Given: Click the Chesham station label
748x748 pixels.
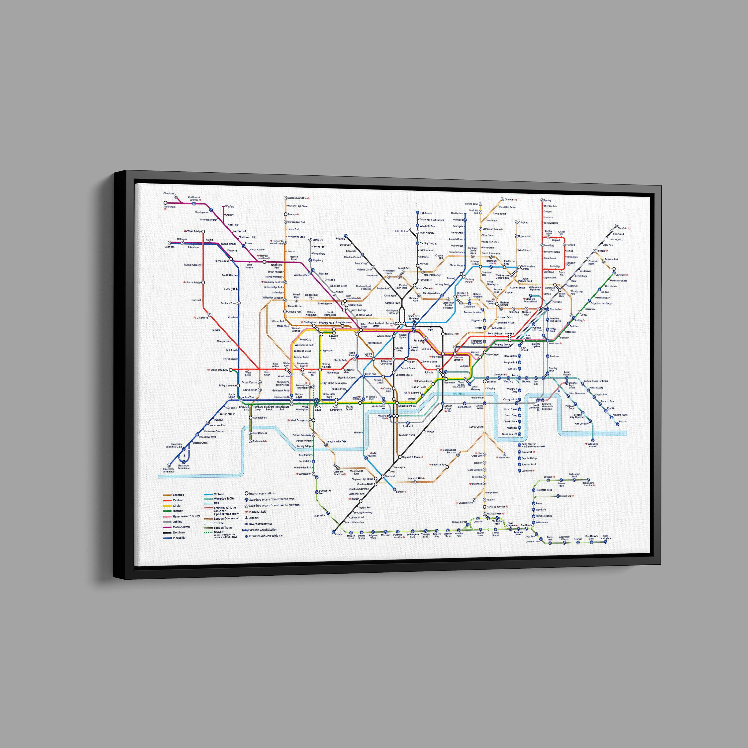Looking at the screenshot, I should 168,193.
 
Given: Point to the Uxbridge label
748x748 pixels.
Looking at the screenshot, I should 170,247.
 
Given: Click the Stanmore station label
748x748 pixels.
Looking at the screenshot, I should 317,240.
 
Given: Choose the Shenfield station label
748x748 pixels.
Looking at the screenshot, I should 622,228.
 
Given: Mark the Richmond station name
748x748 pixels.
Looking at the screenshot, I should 258,441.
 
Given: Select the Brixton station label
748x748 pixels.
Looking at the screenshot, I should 400,492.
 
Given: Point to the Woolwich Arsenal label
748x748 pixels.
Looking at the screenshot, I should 592,445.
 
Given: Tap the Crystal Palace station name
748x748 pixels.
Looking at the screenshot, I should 465,503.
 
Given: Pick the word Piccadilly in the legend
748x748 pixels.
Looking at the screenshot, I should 179,538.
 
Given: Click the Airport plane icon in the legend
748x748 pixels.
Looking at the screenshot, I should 246,518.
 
